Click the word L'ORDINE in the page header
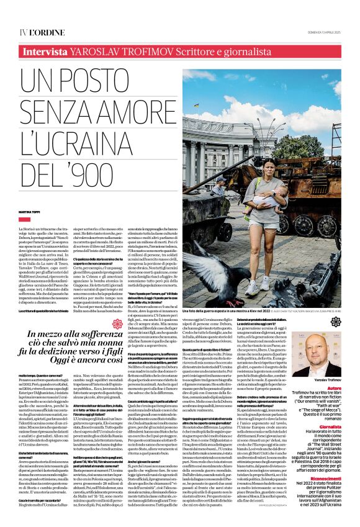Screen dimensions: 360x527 42,32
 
